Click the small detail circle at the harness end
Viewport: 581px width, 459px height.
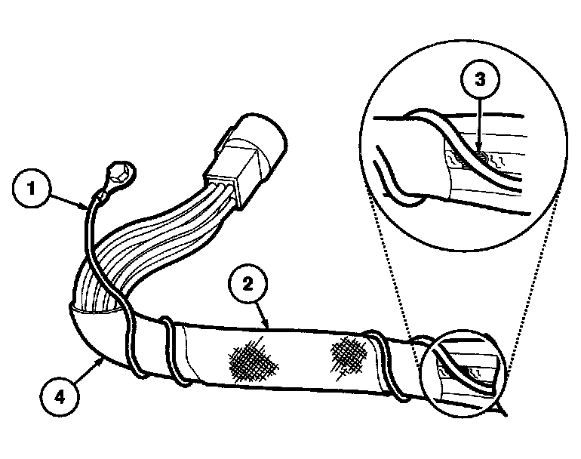(462, 371)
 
